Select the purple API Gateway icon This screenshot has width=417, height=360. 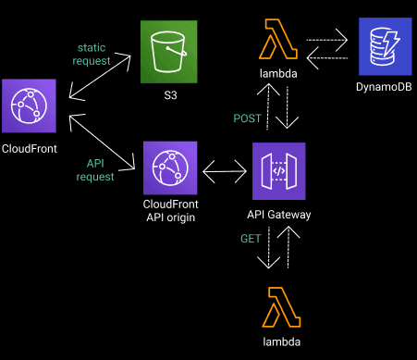click(x=278, y=172)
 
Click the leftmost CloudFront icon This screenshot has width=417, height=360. click(x=28, y=106)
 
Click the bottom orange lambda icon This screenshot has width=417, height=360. click(x=278, y=307)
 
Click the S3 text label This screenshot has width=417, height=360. click(x=169, y=95)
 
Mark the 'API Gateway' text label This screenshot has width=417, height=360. click(x=278, y=215)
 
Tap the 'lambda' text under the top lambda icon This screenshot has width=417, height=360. click(x=278, y=71)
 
